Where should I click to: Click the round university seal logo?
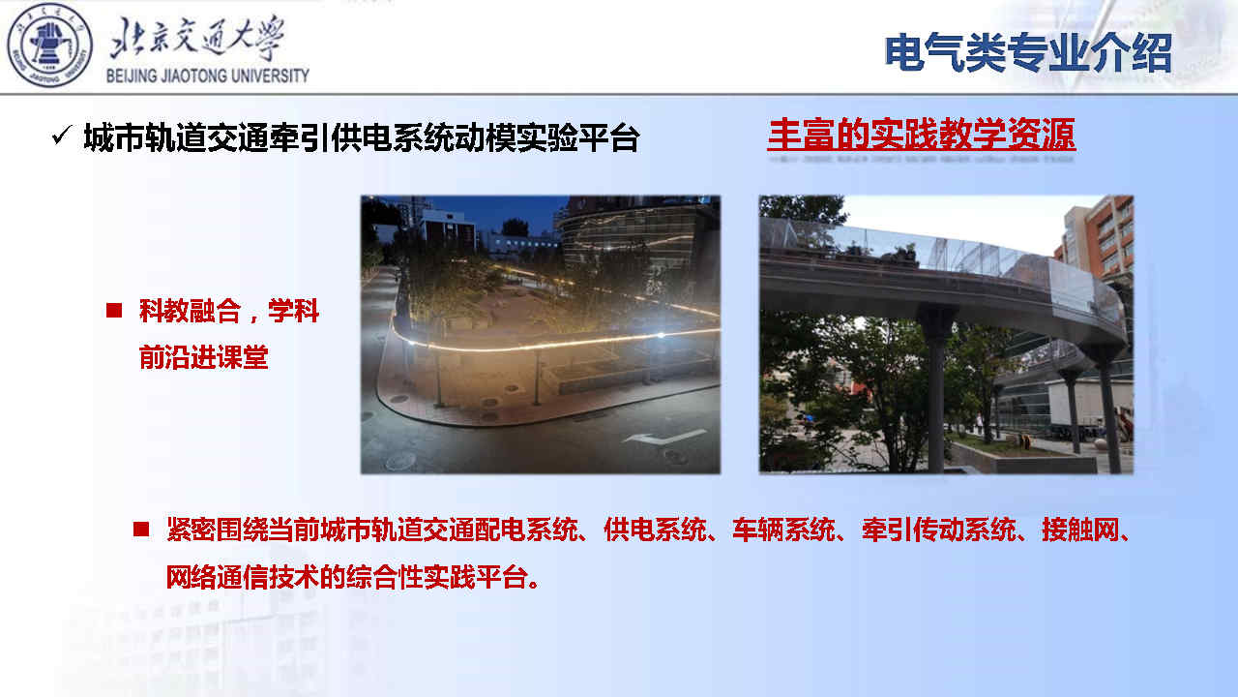[49, 45]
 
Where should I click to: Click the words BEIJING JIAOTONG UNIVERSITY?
[208, 76]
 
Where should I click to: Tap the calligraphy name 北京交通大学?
[197, 38]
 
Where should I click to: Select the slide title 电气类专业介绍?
[1028, 53]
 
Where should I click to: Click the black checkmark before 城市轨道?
[61, 135]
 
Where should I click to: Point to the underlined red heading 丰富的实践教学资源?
[922, 134]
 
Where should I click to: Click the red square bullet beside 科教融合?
[114, 311]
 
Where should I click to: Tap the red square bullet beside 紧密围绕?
[141, 530]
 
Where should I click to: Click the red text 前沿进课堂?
[203, 357]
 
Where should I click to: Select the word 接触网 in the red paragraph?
[1080, 530]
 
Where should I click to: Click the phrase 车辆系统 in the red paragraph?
[783, 530]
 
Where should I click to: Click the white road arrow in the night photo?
[663, 437]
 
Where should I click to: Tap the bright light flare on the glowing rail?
[661, 335]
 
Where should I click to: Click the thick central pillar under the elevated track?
[936, 388]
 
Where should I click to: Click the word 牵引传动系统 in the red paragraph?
[938, 530]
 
